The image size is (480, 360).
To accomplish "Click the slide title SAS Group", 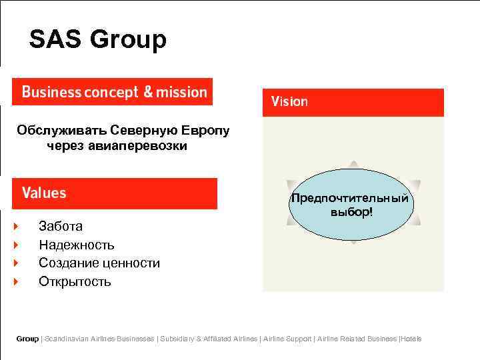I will (97, 40).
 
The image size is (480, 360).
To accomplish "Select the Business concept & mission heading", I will (114, 92).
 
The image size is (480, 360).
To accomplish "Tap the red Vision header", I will (289, 102).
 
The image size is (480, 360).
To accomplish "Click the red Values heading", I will (44, 193).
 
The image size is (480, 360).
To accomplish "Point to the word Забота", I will (61, 227).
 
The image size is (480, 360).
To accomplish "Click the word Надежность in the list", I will (77, 245).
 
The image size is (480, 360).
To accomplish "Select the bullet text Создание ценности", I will (99, 263).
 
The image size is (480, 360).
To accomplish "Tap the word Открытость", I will (75, 281).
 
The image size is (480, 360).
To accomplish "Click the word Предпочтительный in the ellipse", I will (349, 199).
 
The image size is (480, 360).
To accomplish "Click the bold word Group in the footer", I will (27, 339).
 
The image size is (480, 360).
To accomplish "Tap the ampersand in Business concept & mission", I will (148, 92).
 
